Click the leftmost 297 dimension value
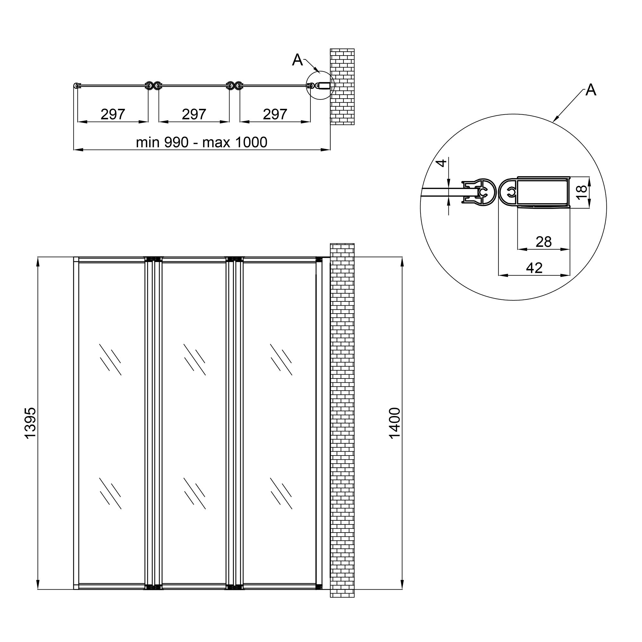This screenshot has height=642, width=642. [x=113, y=114]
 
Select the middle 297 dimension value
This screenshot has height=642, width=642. [x=194, y=114]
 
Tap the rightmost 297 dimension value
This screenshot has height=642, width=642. [x=275, y=114]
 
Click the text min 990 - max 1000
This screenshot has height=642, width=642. [x=201, y=142]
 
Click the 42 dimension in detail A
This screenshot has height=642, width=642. [x=534, y=268]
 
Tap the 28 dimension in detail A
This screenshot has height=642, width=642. [x=544, y=242]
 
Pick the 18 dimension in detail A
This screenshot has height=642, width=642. [x=582, y=192]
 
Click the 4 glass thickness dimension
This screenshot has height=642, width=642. [x=442, y=163]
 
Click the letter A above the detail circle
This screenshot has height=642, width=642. [x=591, y=90]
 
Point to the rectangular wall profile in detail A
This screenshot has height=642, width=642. [x=543, y=193]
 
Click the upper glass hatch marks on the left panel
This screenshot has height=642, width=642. [x=110, y=360]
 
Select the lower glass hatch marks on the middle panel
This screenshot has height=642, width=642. [x=195, y=493]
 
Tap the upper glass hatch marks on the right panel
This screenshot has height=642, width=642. [x=281, y=360]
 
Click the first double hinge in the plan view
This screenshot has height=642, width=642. [x=153, y=86]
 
